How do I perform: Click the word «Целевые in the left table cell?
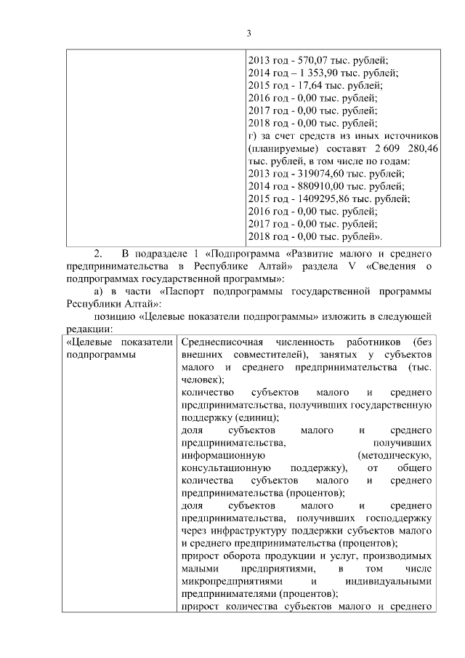(x=89, y=342)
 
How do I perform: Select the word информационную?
(x=219, y=455)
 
